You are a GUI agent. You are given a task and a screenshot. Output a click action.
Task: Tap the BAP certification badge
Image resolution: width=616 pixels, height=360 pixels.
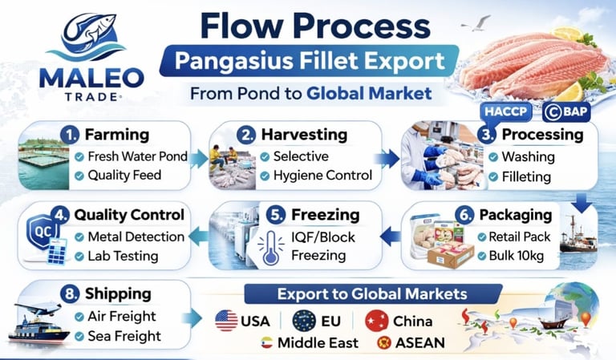tap(566, 111)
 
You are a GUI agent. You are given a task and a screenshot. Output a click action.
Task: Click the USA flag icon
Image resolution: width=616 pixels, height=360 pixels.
tap(226, 322)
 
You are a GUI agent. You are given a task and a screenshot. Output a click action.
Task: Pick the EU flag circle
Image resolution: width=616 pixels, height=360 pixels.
tap(303, 322)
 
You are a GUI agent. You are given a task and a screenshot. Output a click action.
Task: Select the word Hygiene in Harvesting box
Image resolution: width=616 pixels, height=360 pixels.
tap(298, 176)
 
